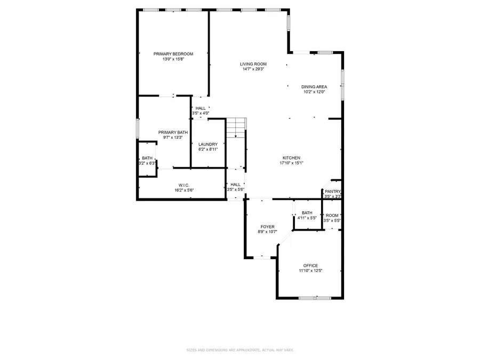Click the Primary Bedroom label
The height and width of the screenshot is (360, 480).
coord(173,54)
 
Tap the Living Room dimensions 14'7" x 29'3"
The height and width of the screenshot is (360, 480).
coord(253,69)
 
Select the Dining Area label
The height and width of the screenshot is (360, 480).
coord(314,86)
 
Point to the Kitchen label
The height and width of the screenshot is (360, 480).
coord(292,158)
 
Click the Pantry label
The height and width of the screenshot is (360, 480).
coord(333,191)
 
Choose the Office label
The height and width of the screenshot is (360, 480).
coord(310,266)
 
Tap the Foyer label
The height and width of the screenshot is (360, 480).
coord(267,227)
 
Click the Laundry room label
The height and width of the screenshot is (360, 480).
coord(207,145)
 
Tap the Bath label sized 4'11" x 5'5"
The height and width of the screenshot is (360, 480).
coord(307,213)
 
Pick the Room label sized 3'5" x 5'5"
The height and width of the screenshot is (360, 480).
coord(332,215)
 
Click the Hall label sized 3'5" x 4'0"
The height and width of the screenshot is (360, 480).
coord(201,108)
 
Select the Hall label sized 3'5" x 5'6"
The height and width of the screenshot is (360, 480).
coord(235,185)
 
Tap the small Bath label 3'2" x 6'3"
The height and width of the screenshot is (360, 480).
coord(147,158)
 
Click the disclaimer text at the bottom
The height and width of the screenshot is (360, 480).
coord(239,350)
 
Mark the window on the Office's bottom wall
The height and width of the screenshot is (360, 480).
coord(315,298)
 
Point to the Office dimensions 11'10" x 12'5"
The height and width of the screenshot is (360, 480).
coord(310,271)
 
